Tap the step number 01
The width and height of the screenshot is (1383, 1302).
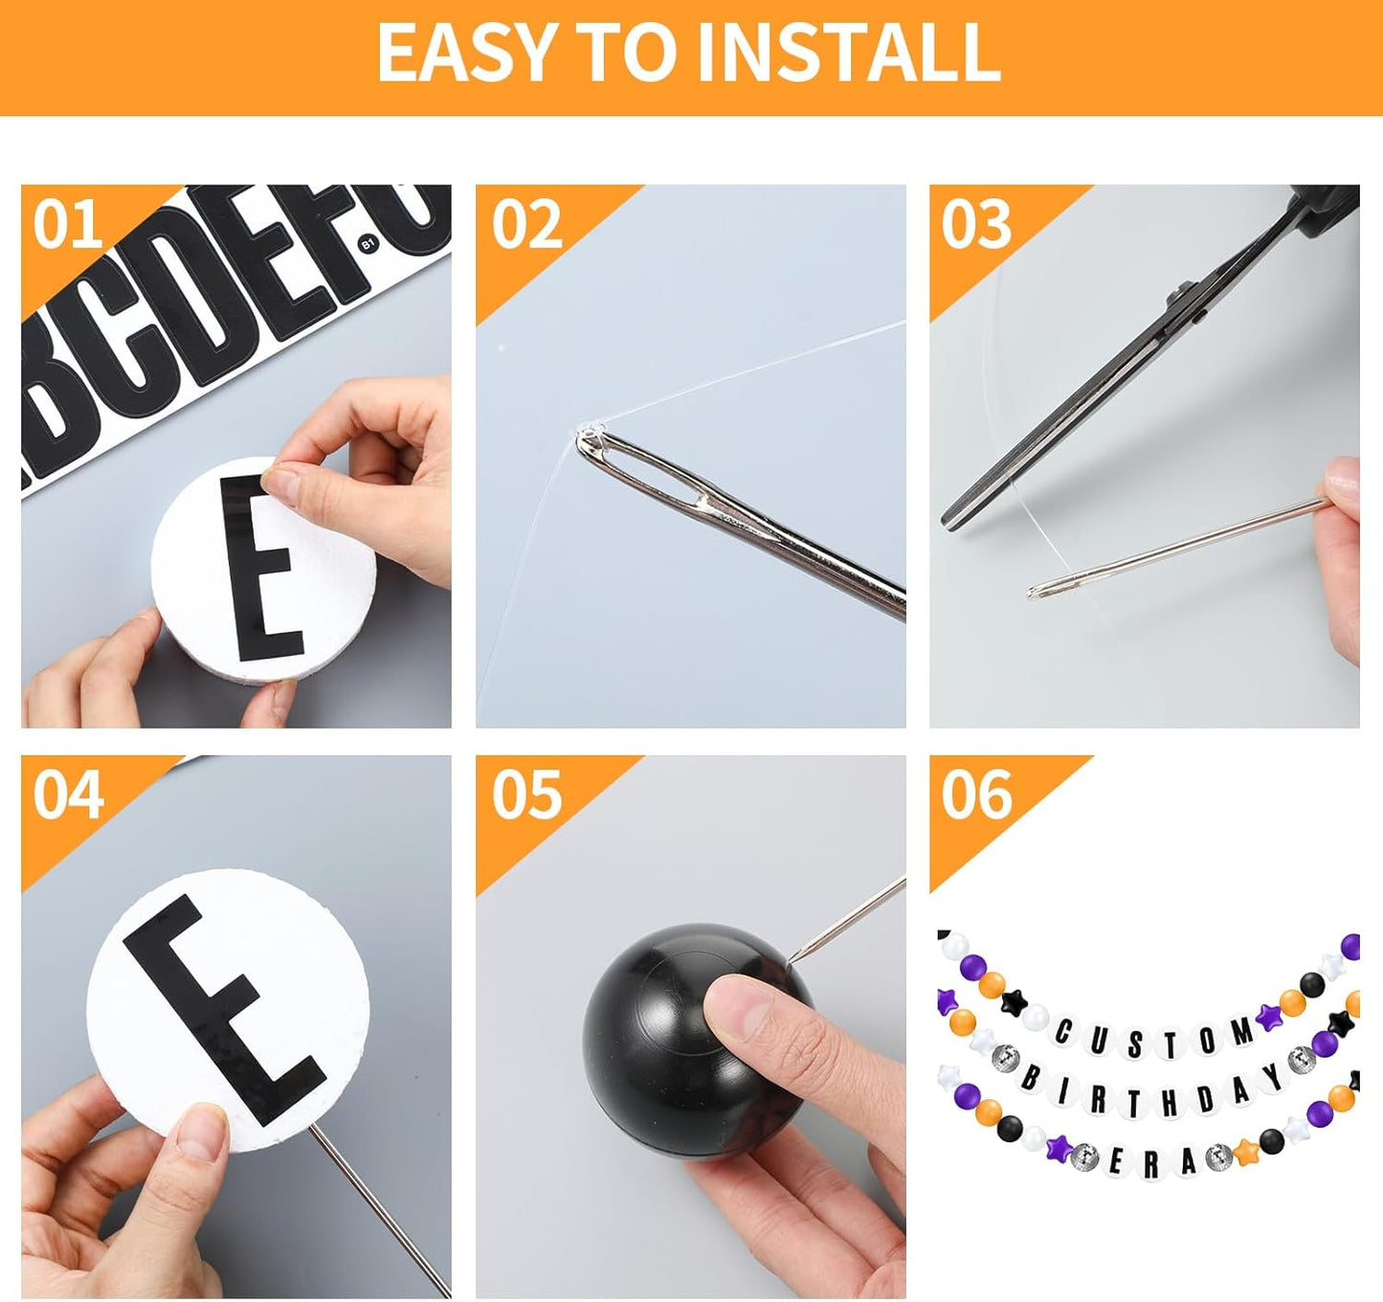(x=67, y=225)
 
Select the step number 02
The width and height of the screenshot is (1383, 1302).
(x=526, y=225)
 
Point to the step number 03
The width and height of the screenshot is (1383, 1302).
(x=975, y=225)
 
